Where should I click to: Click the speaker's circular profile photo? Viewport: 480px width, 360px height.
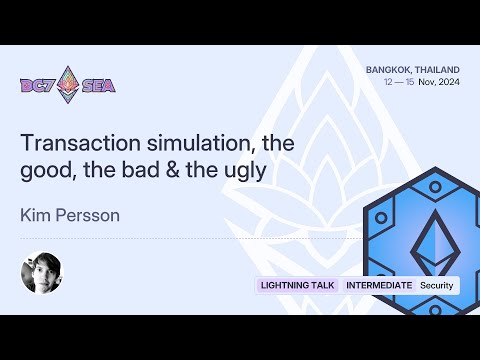(41, 274)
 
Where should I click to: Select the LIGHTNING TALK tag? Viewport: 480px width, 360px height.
(296, 285)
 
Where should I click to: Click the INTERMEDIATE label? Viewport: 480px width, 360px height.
(378, 285)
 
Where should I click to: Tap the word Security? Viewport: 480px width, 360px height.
(437, 285)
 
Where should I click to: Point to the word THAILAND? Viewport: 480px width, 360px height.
(436, 70)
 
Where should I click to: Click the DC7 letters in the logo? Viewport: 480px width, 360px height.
(38, 85)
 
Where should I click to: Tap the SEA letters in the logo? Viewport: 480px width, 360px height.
(99, 85)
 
